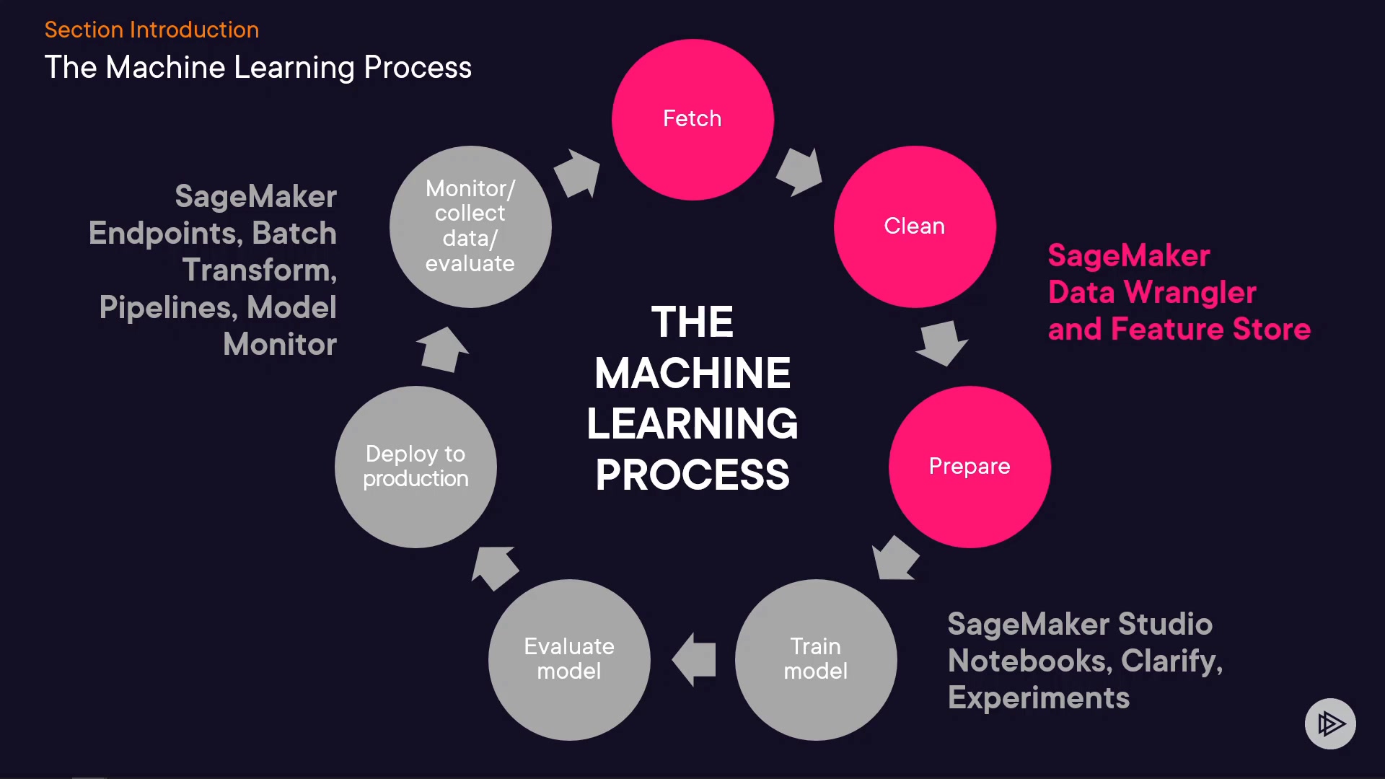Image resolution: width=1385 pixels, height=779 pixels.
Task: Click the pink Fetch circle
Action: pyautogui.click(x=692, y=119)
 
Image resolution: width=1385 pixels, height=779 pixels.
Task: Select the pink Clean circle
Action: pyautogui.click(x=915, y=226)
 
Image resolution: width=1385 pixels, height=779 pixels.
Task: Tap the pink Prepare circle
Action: pyautogui.click(x=969, y=467)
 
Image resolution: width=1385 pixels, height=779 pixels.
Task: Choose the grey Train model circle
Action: pyautogui.click(x=816, y=659)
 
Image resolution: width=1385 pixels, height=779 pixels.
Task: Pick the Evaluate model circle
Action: pyautogui.click(x=569, y=659)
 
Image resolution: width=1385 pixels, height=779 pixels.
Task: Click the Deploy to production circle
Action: pyautogui.click(x=415, y=467)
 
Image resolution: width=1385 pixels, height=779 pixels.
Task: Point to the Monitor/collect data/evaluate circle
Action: pyautogui.click(x=470, y=226)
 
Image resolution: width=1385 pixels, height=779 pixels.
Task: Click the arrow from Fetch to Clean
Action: pyautogui.click(x=799, y=172)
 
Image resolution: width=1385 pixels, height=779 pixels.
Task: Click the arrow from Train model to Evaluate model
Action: pyautogui.click(x=694, y=659)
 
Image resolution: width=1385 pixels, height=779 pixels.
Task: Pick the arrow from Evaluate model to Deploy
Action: pyautogui.click(x=494, y=567)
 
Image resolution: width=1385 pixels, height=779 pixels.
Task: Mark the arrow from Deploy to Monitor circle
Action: pyautogui.click(x=441, y=350)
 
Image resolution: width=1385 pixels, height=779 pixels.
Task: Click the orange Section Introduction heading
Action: pyautogui.click(x=151, y=30)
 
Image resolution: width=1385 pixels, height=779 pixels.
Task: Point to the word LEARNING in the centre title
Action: pyautogui.click(x=692, y=423)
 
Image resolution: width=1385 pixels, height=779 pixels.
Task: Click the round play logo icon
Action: pyautogui.click(x=1330, y=723)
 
